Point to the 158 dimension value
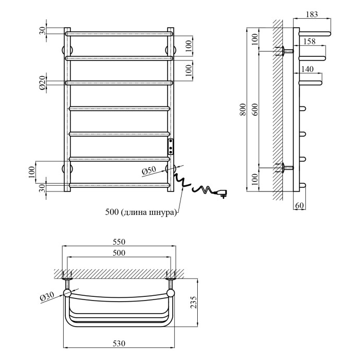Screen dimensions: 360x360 click(x=309, y=41)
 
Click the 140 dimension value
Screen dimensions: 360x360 click(x=308, y=68)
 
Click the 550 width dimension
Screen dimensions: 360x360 click(x=119, y=243)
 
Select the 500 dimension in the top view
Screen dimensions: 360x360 click(x=119, y=253)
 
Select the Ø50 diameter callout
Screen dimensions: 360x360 click(x=149, y=171)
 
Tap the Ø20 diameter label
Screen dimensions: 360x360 click(x=42, y=82)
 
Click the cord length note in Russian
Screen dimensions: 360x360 click(x=141, y=212)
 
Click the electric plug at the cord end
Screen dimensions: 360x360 click(x=223, y=193)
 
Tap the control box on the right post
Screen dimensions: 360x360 click(x=170, y=146)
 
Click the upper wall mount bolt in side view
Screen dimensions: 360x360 click(x=285, y=51)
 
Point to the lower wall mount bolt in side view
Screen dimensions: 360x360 click(x=285, y=168)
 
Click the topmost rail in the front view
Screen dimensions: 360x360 click(x=119, y=34)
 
